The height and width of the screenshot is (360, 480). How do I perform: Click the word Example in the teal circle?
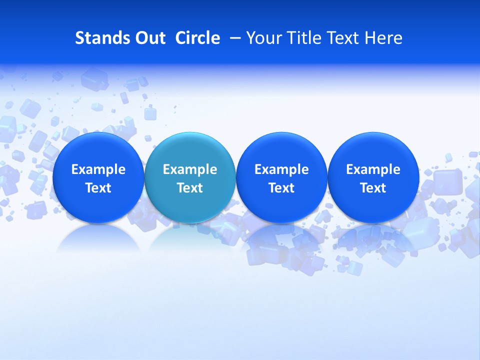(190, 170)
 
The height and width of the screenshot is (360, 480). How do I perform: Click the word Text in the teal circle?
(190, 188)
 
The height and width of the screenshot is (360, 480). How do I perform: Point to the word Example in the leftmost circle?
(98, 170)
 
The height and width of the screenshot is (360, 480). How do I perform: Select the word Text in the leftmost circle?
(98, 188)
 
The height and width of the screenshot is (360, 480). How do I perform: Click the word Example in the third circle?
(281, 170)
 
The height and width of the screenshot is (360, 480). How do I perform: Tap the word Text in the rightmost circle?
(373, 188)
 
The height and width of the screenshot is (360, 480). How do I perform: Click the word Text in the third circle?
(281, 188)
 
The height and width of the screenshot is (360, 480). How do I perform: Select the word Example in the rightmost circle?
(373, 170)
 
